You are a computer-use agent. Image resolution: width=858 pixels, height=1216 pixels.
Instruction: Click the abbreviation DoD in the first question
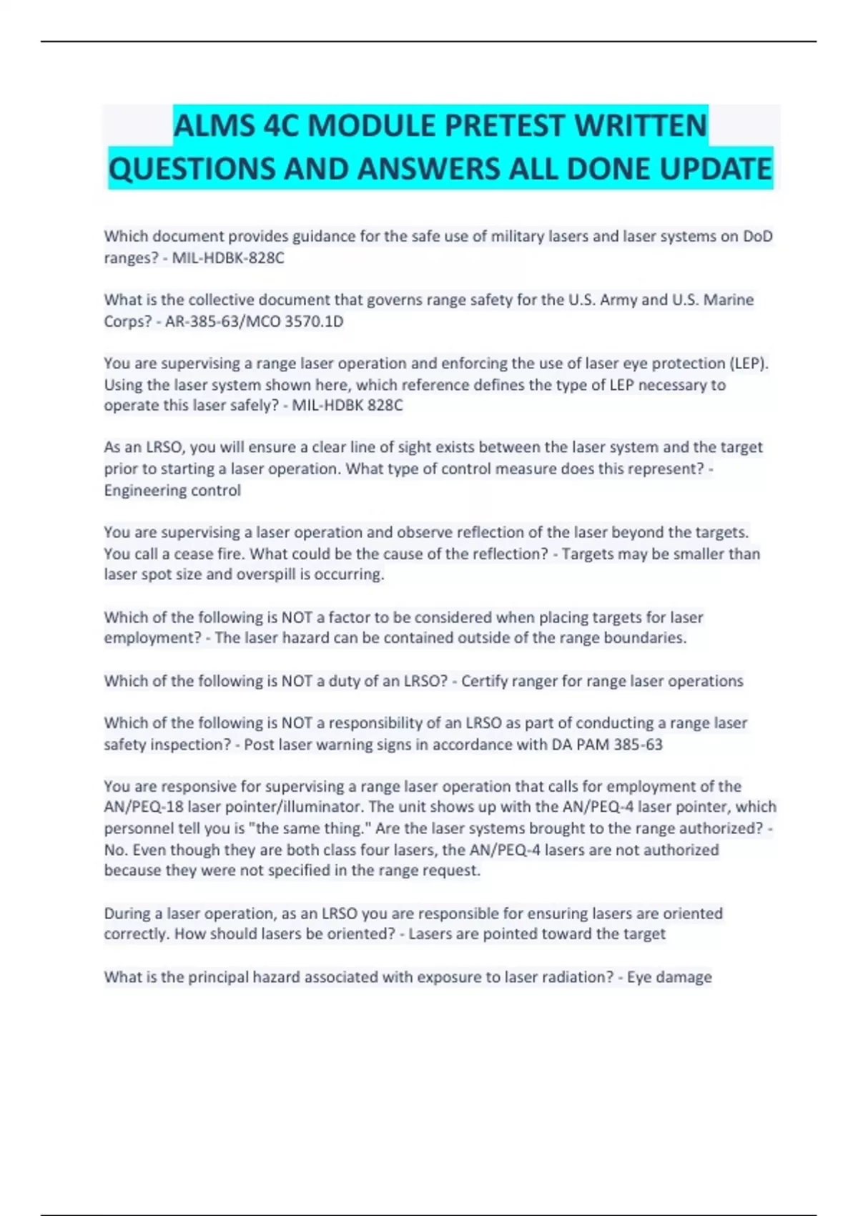(757, 236)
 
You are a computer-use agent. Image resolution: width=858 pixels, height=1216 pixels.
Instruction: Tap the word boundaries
(649, 638)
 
